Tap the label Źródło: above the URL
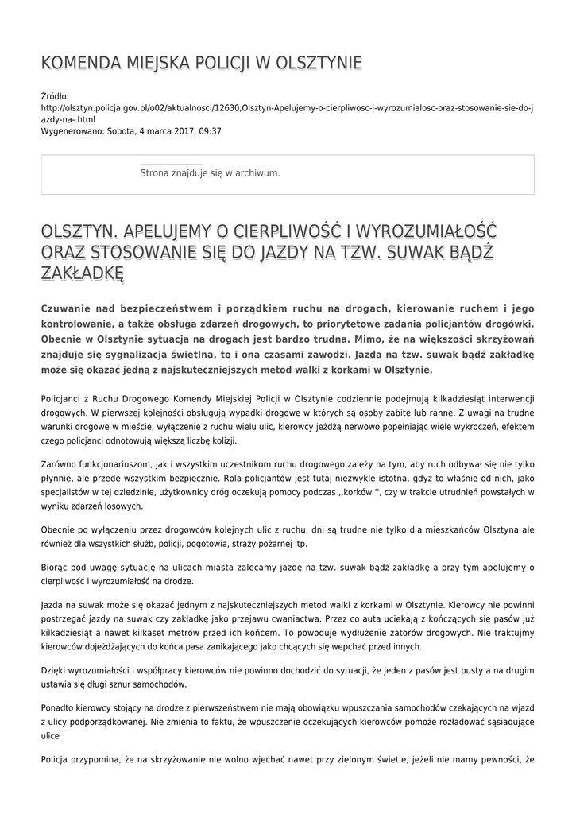(x=55, y=96)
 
